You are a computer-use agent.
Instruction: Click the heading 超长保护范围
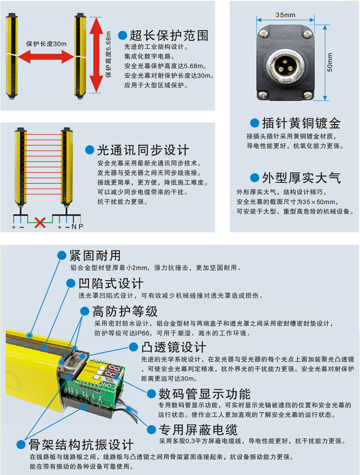[169, 36]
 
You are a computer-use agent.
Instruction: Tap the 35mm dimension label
[285, 15]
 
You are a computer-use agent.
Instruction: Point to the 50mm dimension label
[330, 62]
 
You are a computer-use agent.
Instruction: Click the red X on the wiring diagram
[40, 222]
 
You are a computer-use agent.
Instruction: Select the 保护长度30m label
[46, 44]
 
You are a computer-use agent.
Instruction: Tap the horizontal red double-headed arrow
[46, 57]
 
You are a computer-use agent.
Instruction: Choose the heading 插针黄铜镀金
[301, 123]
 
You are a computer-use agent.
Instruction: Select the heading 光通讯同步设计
[143, 150]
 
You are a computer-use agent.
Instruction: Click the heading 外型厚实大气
[301, 178]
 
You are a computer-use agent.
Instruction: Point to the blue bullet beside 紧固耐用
[62, 255]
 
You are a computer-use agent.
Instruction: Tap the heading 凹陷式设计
[111, 284]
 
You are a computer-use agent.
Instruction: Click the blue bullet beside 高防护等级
[84, 311]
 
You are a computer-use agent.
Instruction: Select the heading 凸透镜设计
[174, 347]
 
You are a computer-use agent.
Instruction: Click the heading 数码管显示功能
[205, 394]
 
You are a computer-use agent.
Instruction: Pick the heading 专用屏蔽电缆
[198, 429]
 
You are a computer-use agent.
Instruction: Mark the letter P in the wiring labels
[81, 227]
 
